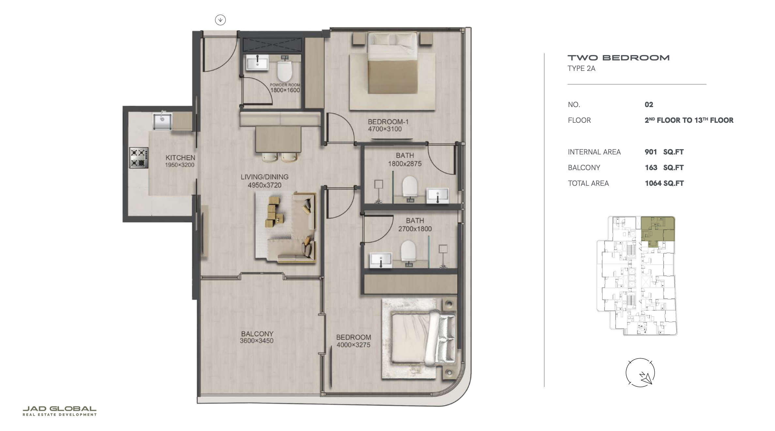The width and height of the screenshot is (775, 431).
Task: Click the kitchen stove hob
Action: click(139, 158)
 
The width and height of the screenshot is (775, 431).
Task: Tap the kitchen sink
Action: click(162, 121)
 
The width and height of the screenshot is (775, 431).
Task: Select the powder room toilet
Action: click(284, 70)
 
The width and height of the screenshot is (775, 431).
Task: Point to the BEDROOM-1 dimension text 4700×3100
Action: click(385, 129)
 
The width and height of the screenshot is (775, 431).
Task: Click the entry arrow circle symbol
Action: click(220, 20)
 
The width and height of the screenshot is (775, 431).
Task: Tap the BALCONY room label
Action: click(257, 334)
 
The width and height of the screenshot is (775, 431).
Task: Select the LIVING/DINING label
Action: click(265, 177)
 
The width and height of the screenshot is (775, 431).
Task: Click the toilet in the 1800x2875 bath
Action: click(410, 188)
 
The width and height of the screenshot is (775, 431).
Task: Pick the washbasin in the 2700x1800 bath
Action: click(381, 260)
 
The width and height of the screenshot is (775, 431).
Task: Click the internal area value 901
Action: click(651, 152)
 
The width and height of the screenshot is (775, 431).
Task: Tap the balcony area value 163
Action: click(651, 168)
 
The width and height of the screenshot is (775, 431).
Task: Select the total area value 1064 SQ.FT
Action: click(664, 183)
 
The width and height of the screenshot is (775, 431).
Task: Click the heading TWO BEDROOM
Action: click(618, 58)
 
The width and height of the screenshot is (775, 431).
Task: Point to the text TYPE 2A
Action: click(582, 68)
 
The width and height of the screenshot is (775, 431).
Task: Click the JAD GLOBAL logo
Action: click(60, 411)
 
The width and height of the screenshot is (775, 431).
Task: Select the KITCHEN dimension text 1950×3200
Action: click(179, 165)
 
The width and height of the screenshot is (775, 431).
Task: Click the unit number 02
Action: click(649, 104)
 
